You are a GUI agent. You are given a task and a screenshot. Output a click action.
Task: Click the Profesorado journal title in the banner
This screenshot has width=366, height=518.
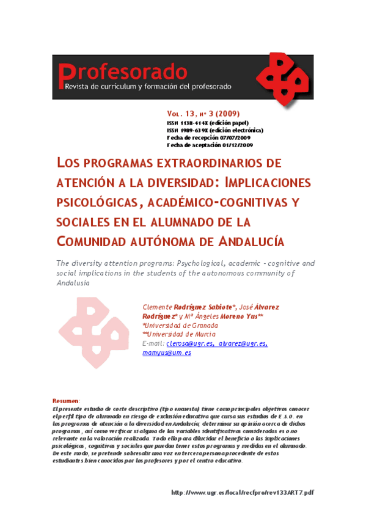[x=122, y=72]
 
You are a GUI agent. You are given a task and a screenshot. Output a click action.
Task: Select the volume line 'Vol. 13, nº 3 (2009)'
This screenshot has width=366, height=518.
[x=203, y=114]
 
